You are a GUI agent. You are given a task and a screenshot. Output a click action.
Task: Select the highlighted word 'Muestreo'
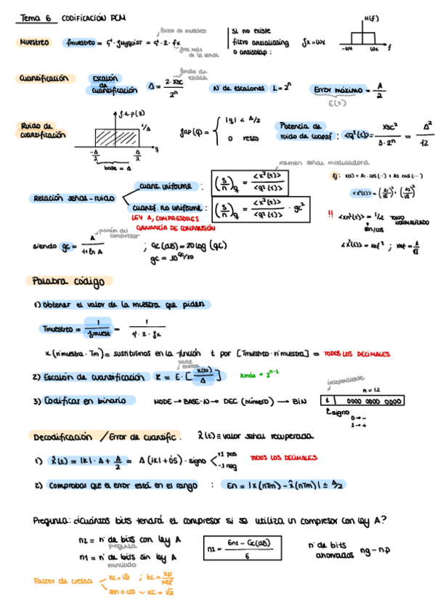click(35, 42)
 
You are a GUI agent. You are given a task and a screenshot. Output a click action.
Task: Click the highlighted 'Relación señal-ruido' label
click(74, 197)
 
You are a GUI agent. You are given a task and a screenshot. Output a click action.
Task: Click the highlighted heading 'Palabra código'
click(68, 281)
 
